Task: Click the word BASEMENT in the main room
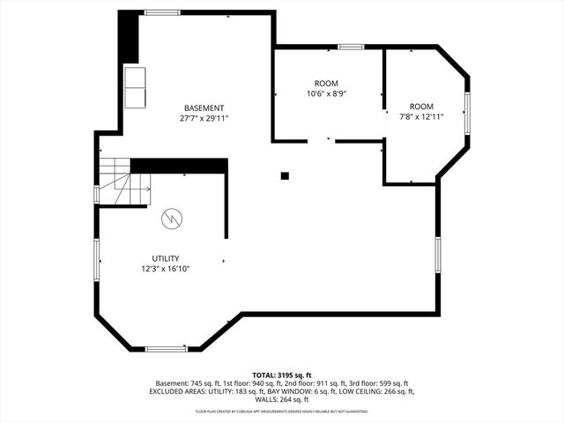(x=204, y=108)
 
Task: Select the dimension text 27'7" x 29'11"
(x=204, y=118)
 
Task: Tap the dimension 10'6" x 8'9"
(x=326, y=93)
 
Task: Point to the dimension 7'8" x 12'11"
(x=421, y=115)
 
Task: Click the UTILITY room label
(x=166, y=258)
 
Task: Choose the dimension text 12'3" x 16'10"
(x=166, y=269)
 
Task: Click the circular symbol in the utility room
(x=171, y=218)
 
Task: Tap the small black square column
(x=285, y=175)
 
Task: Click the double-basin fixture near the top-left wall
(x=136, y=86)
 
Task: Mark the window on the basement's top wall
(x=163, y=12)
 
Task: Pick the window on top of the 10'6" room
(x=351, y=46)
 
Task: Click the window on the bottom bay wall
(x=166, y=349)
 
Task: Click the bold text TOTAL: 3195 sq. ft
(x=282, y=375)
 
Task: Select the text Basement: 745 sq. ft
(x=186, y=383)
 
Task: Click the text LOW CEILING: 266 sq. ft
(x=376, y=391)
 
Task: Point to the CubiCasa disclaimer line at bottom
(x=282, y=411)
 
